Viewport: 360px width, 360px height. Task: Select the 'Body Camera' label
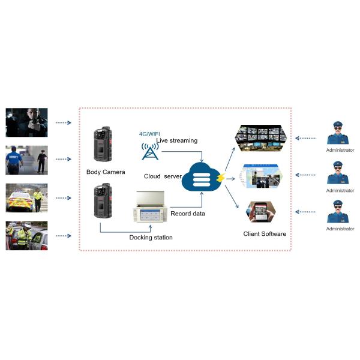coord(106,172)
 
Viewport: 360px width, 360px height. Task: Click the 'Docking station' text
coord(151,238)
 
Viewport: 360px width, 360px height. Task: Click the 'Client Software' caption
coord(265,233)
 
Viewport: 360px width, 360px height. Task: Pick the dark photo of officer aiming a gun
coord(26,122)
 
